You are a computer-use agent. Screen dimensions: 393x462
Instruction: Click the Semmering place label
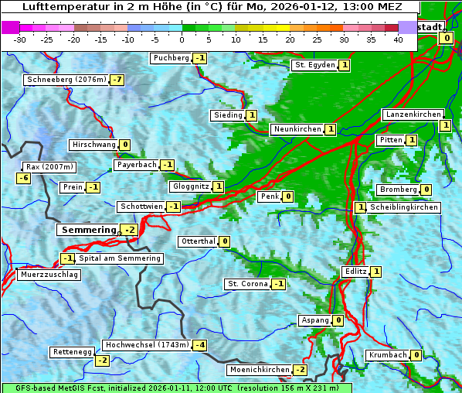(87, 230)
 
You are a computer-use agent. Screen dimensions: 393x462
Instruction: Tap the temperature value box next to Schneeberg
(117, 80)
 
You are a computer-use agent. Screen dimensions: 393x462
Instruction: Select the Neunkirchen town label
(297, 129)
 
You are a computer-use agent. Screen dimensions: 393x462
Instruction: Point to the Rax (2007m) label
(49, 166)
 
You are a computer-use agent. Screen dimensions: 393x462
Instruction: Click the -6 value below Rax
(23, 178)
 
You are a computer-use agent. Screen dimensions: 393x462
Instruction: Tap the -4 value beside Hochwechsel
(199, 344)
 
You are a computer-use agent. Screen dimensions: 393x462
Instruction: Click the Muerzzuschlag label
(49, 275)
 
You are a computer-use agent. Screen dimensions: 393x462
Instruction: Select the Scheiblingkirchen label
(404, 207)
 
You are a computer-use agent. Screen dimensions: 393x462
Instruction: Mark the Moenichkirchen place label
(260, 370)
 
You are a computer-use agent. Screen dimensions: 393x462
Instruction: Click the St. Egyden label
(314, 65)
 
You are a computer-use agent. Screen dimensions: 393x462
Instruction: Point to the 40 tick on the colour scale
(398, 39)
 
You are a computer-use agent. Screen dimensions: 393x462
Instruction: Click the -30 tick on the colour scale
(20, 39)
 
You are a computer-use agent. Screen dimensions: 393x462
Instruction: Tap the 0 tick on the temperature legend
(182, 39)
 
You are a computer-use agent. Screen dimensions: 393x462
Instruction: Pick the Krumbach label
(387, 355)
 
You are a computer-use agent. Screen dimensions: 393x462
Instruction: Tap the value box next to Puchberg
(200, 58)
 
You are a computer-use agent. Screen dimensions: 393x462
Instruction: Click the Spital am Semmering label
(119, 258)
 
